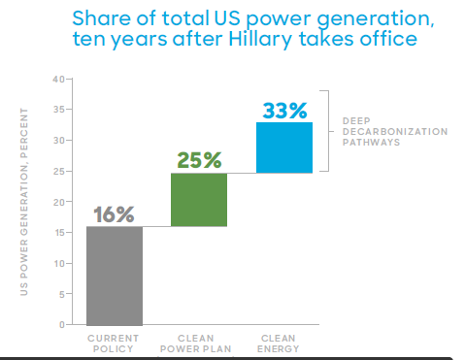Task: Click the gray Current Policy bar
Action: pos(115,276)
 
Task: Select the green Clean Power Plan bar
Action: pos(199,200)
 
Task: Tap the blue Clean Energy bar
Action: pos(283,147)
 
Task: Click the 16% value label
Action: pos(115,214)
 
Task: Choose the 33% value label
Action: pos(283,110)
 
